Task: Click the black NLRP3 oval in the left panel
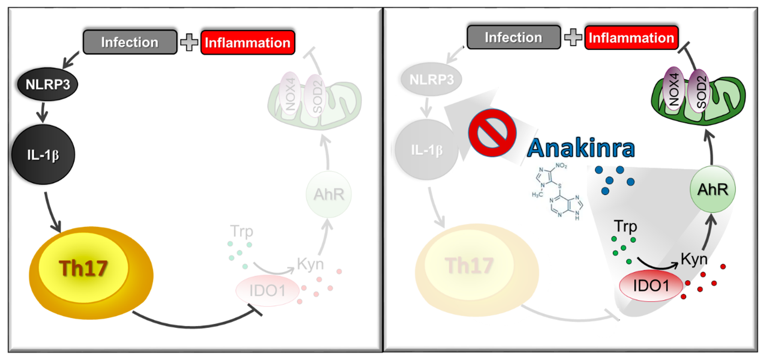(48, 84)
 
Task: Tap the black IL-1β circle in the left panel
(43, 155)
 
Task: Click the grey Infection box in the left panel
(130, 42)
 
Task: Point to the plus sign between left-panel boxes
(189, 42)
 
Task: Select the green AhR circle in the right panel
(713, 190)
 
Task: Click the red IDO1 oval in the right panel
(651, 286)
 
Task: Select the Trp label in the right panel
(626, 226)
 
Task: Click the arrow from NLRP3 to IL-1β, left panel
(43, 112)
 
